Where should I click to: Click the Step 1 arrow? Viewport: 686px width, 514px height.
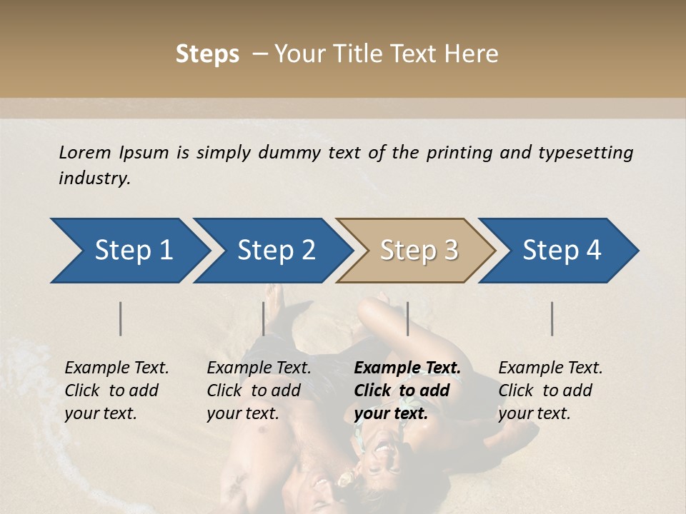129,251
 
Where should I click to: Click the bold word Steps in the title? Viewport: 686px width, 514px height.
207,54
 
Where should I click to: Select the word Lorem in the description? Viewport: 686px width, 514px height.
85,153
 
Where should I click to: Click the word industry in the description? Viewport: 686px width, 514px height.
93,178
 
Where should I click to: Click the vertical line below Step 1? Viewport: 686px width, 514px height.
121,318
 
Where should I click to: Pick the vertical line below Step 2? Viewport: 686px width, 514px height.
264,318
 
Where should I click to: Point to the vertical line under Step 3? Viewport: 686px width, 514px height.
407,318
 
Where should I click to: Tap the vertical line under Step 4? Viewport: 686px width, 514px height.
552,318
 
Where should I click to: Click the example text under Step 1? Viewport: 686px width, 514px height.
116,390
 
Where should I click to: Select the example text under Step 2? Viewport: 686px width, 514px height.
259,390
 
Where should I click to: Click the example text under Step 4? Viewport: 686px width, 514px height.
550,390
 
